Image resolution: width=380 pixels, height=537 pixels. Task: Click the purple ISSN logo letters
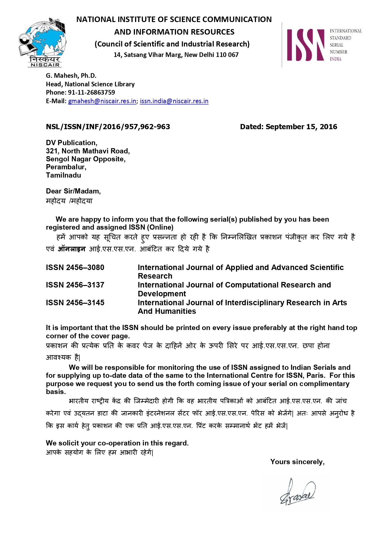pos(305,45)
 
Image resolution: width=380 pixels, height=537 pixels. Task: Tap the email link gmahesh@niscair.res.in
pos(102,101)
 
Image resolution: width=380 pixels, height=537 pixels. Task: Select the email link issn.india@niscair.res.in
pos(174,101)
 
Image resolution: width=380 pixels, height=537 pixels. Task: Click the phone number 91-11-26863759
pos(91,92)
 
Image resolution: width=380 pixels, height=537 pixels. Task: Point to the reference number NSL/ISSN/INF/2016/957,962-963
pos(108,127)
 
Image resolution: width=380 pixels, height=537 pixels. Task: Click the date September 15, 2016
pos(301,127)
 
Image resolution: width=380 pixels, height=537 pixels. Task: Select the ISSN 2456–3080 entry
pos(75,268)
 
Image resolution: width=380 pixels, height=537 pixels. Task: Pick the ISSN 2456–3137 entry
pos(75,285)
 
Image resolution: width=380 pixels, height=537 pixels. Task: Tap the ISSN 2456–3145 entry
pos(75,303)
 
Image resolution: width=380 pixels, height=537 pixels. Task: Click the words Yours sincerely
pos(297,462)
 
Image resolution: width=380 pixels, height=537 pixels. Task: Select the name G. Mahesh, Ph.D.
pos(71,76)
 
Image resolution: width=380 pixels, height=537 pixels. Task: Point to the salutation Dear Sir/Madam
pos(73,191)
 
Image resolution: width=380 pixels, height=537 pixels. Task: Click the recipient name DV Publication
pos(71,143)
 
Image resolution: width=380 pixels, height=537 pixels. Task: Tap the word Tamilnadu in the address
pos(63,175)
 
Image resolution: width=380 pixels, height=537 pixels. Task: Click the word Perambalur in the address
pos(66,167)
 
